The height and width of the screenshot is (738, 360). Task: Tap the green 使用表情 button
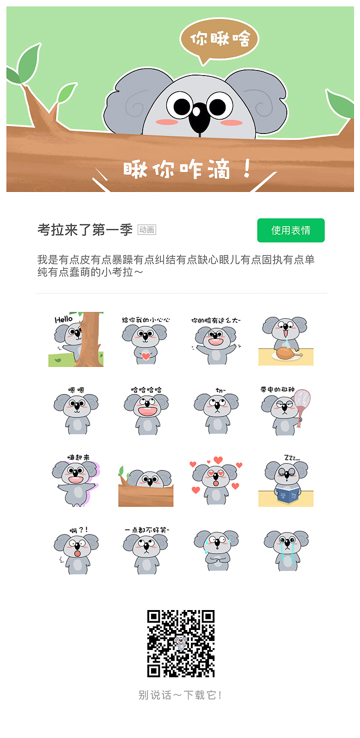(x=291, y=230)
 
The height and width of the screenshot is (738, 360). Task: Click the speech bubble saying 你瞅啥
(x=219, y=39)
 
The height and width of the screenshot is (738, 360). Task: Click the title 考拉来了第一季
(x=85, y=230)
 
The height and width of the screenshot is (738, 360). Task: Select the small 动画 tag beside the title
(x=146, y=230)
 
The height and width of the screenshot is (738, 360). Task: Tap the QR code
(x=181, y=643)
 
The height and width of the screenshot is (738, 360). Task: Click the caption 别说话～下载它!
(x=180, y=695)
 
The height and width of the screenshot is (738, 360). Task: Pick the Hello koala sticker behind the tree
(x=76, y=339)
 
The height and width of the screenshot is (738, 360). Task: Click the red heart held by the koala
(x=146, y=356)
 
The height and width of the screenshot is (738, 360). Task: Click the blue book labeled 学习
(x=288, y=496)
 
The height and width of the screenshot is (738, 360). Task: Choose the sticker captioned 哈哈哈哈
(x=146, y=410)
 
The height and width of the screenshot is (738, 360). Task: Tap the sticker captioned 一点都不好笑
(x=146, y=551)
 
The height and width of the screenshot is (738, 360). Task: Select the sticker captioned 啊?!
(x=76, y=551)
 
